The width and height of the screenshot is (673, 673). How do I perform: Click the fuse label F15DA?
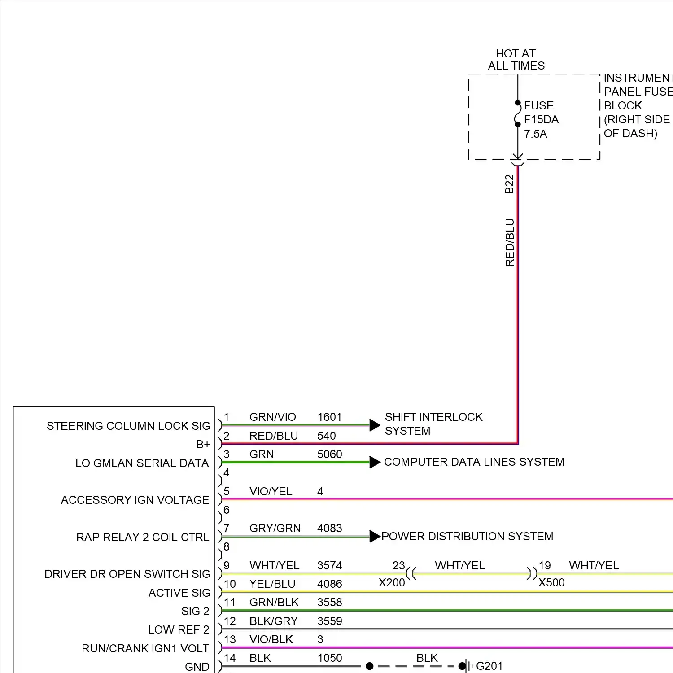(x=541, y=120)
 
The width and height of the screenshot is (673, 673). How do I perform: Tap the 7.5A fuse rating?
(x=535, y=134)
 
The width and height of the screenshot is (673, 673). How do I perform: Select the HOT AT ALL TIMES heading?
(x=516, y=60)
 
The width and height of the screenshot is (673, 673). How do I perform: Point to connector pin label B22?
(x=509, y=184)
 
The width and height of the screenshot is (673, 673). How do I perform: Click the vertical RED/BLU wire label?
(x=510, y=242)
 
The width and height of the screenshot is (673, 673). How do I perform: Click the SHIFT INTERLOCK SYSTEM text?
(x=433, y=424)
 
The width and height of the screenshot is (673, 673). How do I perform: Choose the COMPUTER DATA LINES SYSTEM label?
(x=474, y=462)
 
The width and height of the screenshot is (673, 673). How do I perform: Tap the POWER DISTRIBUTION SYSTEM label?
(x=467, y=536)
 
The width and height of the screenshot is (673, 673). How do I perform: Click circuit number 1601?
(x=329, y=417)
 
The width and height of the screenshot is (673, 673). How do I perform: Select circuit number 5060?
(x=329, y=454)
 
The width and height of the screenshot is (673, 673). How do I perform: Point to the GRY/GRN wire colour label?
(x=275, y=528)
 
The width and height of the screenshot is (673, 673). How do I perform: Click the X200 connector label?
(x=392, y=582)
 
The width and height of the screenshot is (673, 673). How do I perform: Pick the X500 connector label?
(x=551, y=582)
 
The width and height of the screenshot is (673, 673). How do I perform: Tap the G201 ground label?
(x=489, y=666)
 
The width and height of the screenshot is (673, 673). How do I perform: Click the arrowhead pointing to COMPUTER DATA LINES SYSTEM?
(x=375, y=462)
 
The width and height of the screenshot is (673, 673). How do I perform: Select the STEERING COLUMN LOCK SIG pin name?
(x=128, y=426)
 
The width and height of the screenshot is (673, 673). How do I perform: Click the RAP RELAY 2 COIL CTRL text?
(x=143, y=537)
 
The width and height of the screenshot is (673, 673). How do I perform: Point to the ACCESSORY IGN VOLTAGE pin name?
(x=135, y=500)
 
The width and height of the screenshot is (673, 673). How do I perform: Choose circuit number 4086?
(x=329, y=584)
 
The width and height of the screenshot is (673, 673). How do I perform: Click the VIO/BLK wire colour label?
(x=271, y=639)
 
